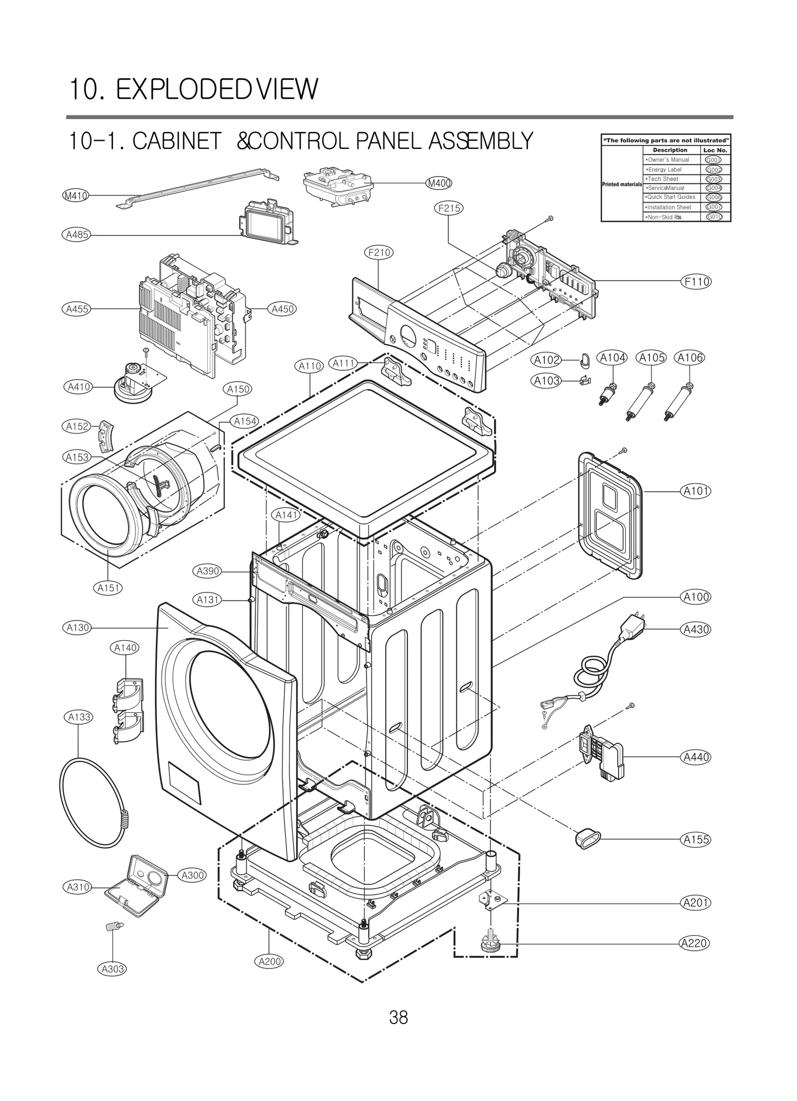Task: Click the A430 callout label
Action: point(696,629)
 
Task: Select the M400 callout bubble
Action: point(439,183)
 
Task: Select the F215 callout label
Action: point(449,208)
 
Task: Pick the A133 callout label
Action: point(79,717)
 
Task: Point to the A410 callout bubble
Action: point(79,386)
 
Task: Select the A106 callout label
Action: point(689,357)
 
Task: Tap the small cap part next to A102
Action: point(585,359)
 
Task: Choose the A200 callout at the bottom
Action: point(270,961)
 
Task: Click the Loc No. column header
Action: point(715,150)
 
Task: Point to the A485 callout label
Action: point(78,234)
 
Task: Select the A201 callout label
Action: point(696,903)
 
